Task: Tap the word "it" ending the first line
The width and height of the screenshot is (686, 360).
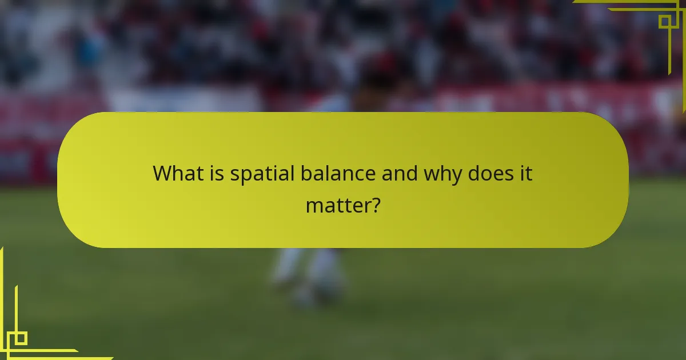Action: point(525,173)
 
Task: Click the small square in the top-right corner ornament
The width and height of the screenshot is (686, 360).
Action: point(665,22)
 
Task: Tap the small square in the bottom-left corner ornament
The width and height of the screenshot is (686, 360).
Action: point(21,338)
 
